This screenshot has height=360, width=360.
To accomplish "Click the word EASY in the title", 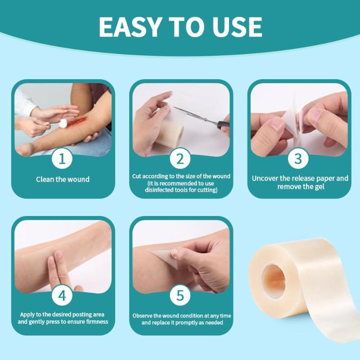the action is click(x=129, y=27).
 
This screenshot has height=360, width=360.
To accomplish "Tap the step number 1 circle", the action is click(x=62, y=159).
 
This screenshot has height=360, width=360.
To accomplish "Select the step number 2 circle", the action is click(x=180, y=159).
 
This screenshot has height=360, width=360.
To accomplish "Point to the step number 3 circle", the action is click(x=298, y=159).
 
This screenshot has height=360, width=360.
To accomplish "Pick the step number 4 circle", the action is click(x=62, y=295).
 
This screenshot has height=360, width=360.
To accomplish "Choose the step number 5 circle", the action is click(x=180, y=295).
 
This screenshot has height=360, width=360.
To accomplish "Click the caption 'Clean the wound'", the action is click(x=63, y=179).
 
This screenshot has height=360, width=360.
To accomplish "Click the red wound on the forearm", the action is click(x=76, y=121).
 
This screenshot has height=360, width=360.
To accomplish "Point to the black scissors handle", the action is click(x=223, y=125).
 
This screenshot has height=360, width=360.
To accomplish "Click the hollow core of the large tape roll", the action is click(x=274, y=281).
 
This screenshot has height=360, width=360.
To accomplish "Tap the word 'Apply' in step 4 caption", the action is click(x=27, y=315).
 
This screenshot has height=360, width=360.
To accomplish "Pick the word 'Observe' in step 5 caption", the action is click(x=142, y=316).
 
